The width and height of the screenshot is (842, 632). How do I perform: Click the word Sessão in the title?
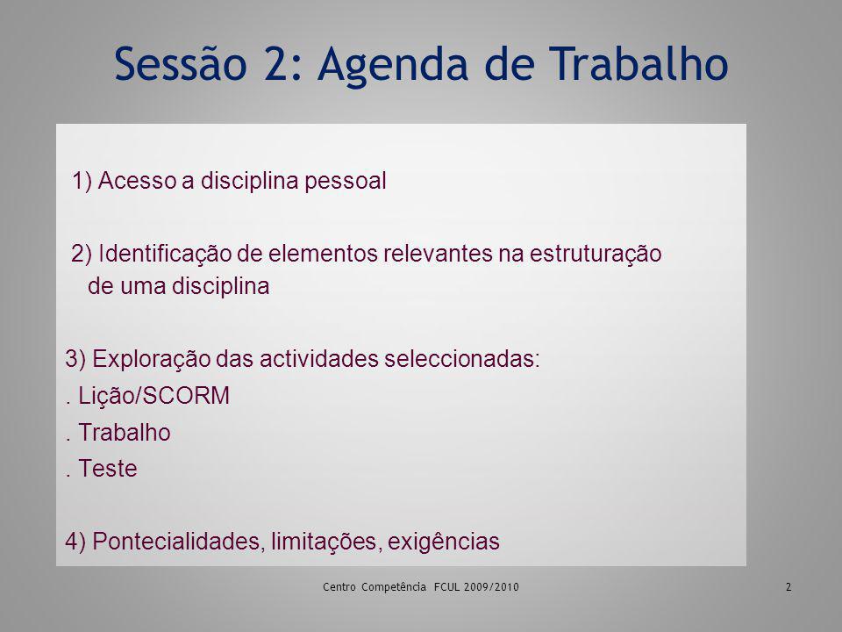[181, 63]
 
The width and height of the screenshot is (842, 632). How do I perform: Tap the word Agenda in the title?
[394, 67]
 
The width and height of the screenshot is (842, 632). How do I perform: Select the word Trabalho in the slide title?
[638, 63]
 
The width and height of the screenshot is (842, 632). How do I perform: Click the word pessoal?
[346, 182]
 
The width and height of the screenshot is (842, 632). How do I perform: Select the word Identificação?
[165, 254]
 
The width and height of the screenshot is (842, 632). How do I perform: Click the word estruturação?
[596, 254]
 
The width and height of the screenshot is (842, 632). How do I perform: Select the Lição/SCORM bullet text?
[153, 396]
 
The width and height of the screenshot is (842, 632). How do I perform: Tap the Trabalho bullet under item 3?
[125, 433]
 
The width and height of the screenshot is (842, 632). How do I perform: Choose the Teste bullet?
[107, 469]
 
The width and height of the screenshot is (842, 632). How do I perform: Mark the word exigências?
[444, 542]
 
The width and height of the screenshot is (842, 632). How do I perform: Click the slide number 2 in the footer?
[788, 587]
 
